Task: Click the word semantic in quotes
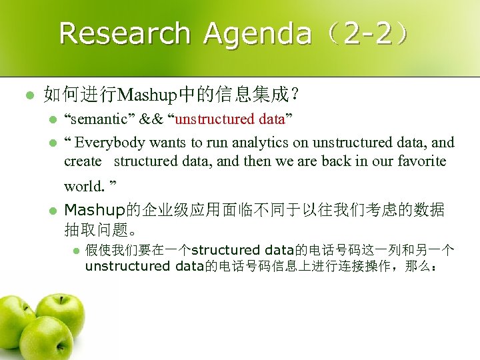point(101,119)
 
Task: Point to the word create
point(83,161)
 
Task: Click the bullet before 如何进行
point(28,95)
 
